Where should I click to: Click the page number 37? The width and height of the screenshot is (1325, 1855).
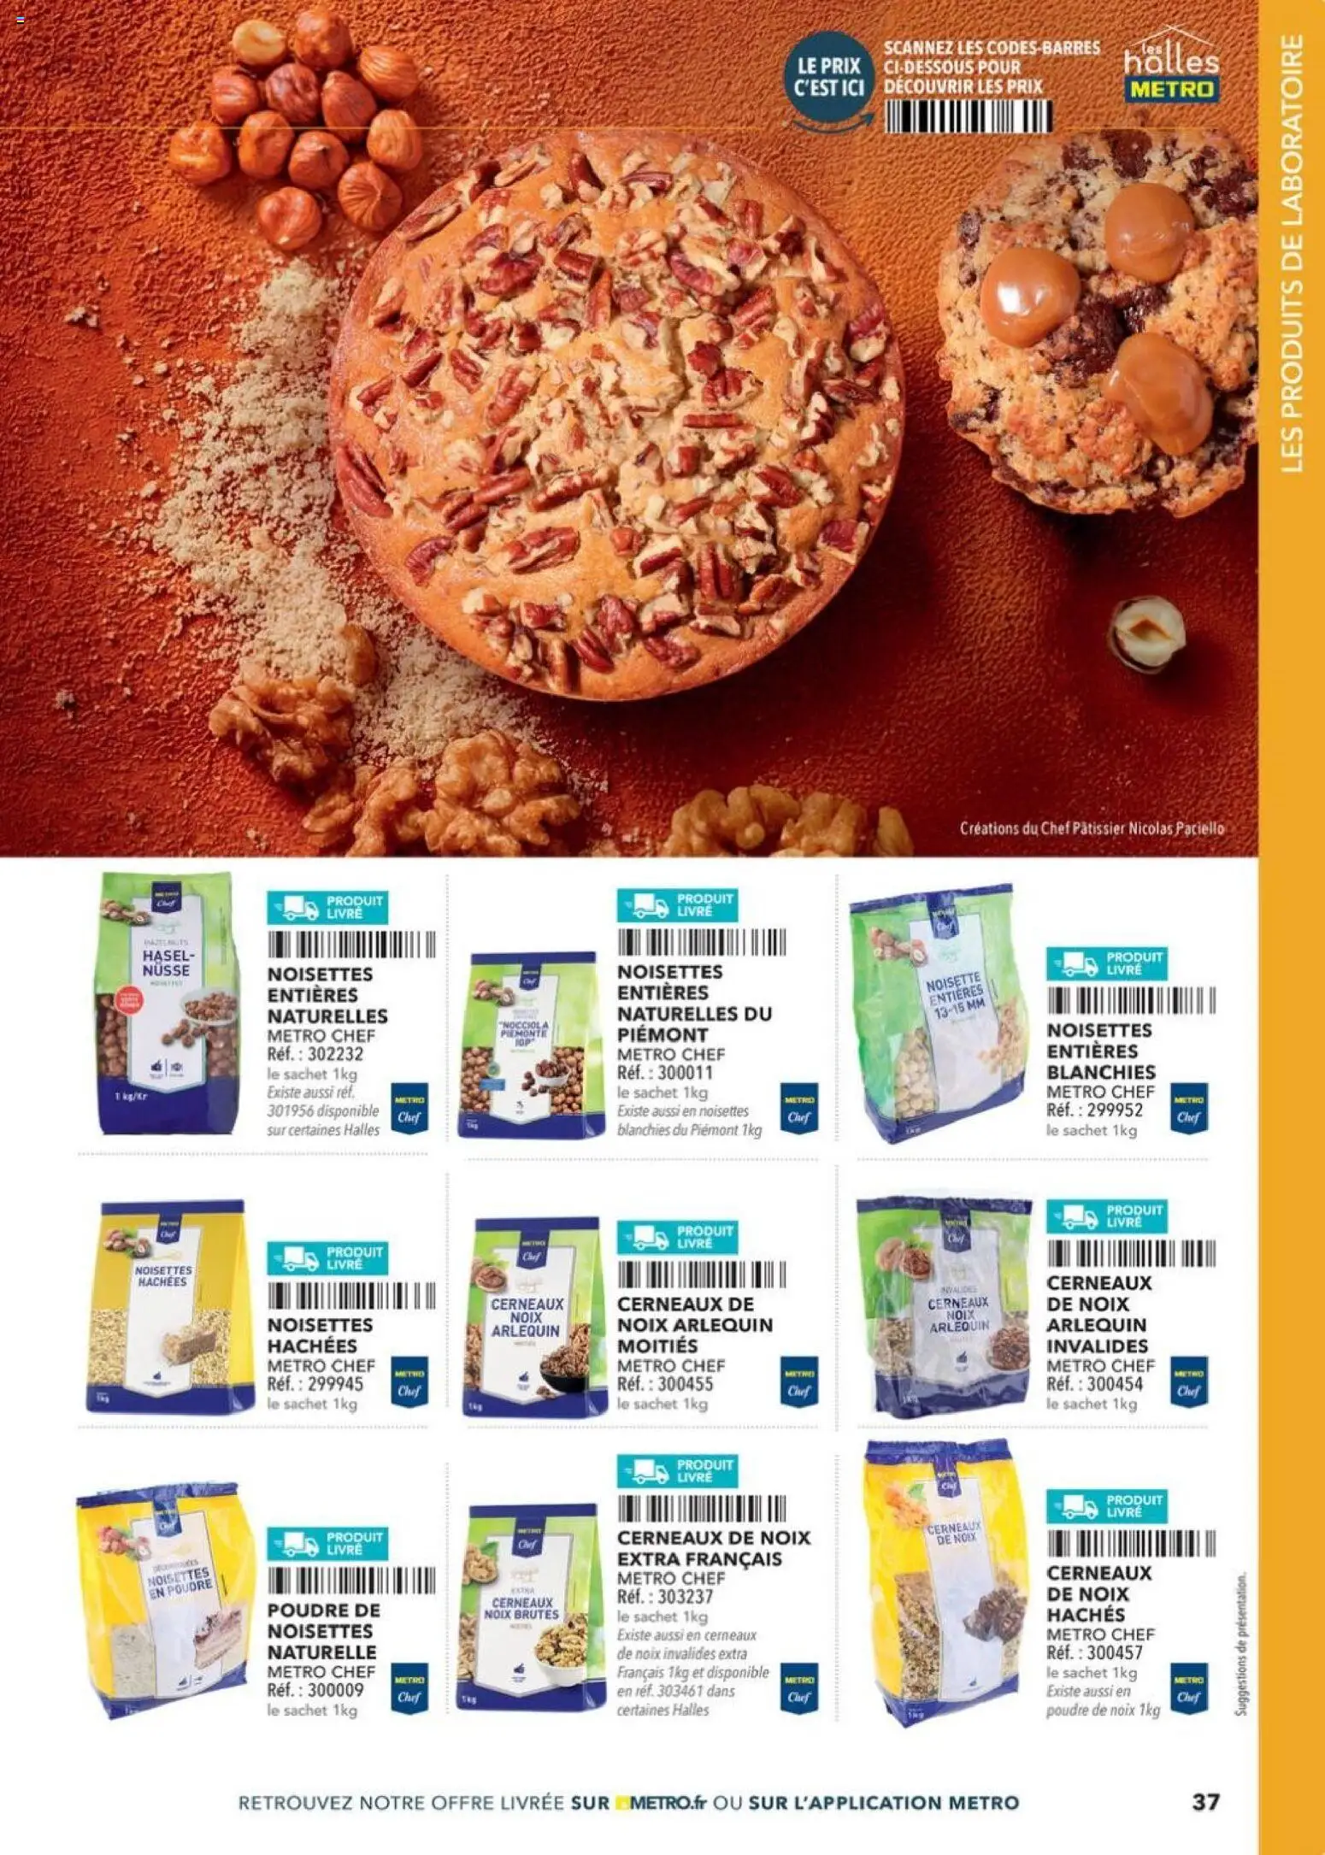[x=1205, y=1801]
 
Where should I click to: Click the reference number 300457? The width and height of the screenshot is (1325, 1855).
[x=1115, y=1652]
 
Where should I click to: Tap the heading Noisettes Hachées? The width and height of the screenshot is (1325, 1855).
[x=321, y=1335]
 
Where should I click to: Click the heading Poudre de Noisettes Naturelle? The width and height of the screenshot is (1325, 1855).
[x=323, y=1630]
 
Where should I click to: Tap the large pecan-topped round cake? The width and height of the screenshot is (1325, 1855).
[x=616, y=415]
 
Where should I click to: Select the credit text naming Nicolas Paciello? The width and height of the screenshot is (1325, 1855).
[x=1092, y=828]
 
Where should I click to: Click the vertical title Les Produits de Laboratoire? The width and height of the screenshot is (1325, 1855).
[x=1293, y=253]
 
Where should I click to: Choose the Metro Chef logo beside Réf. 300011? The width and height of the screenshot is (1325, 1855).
[x=798, y=1108]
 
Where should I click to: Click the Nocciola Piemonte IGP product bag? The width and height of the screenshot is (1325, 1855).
[x=530, y=1045]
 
